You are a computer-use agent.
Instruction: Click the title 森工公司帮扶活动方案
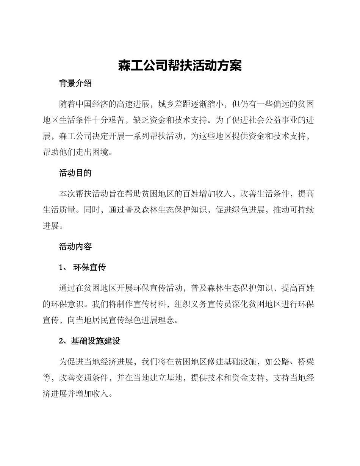tap(180, 66)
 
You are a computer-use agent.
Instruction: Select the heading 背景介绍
tap(75, 84)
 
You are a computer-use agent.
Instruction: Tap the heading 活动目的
tap(75, 173)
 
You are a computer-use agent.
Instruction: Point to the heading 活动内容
tap(75, 247)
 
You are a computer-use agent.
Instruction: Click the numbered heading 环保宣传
tap(89, 267)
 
